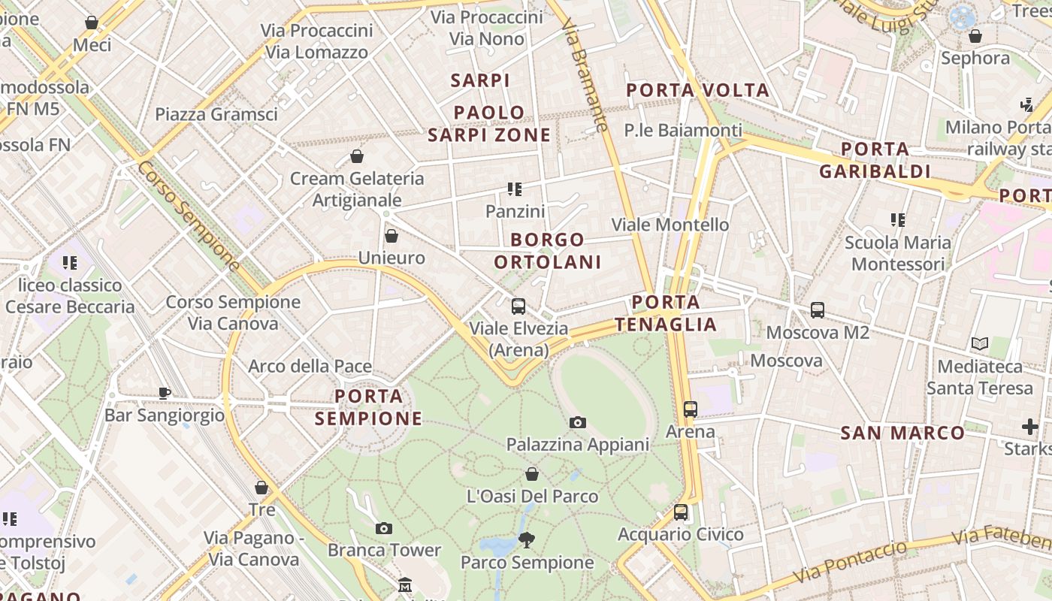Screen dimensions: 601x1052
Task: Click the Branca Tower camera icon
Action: pyautogui.click(x=384, y=529)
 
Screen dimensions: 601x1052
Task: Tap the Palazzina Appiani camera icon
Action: pyautogui.click(x=577, y=423)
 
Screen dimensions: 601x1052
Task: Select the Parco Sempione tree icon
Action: pyautogui.click(x=526, y=539)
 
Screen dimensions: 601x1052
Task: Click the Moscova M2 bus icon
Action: pyautogui.click(x=817, y=310)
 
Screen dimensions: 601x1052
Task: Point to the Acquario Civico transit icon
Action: pyautogui.click(x=680, y=512)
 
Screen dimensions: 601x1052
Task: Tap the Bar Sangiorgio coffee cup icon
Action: pyautogui.click(x=165, y=393)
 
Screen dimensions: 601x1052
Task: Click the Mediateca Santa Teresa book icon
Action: pyautogui.click(x=979, y=344)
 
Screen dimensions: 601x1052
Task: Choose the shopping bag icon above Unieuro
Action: pyautogui.click(x=391, y=237)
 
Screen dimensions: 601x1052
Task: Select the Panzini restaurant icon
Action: pyautogui.click(x=515, y=189)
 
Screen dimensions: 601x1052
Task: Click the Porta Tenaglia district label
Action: pyautogui.click(x=666, y=313)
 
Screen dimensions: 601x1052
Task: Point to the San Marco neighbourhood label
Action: pyautogui.click(x=902, y=433)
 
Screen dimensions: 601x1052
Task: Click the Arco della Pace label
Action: pyautogui.click(x=310, y=367)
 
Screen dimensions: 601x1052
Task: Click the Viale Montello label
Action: pyautogui.click(x=670, y=225)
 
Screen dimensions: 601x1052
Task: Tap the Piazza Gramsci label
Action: pyautogui.click(x=216, y=114)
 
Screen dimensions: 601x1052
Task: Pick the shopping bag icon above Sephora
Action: pyautogui.click(x=975, y=36)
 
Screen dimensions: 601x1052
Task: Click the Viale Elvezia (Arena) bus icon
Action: pyautogui.click(x=518, y=307)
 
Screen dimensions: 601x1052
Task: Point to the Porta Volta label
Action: pyautogui.click(x=698, y=91)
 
